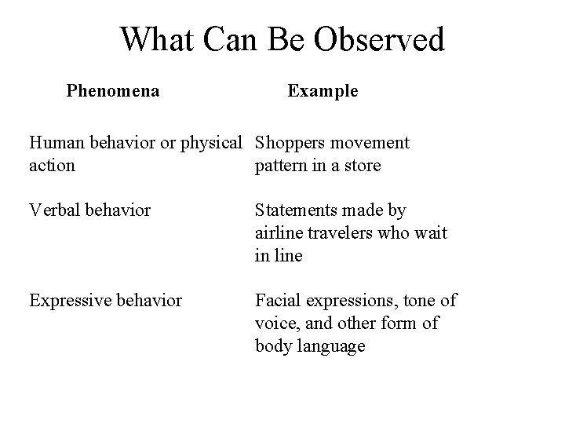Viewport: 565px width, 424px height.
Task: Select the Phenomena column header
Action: pos(113,91)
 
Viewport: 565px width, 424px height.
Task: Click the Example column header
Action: pos(323,91)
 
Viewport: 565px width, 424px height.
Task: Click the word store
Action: pos(363,165)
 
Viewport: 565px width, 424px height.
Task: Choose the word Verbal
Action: pos(53,211)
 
